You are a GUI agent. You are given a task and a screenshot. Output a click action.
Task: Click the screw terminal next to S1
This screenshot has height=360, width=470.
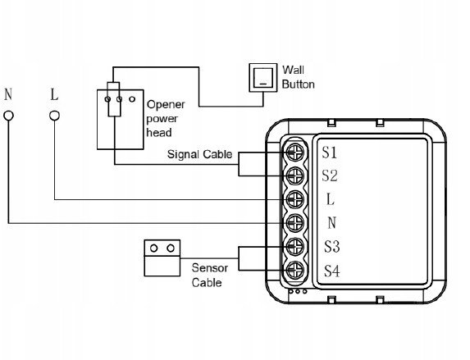295,153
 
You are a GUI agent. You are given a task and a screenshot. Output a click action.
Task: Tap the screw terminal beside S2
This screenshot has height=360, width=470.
295,176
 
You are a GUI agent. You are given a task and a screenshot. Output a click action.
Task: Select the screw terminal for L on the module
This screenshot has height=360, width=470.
295,199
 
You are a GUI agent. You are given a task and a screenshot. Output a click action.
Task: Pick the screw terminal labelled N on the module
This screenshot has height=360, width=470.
295,223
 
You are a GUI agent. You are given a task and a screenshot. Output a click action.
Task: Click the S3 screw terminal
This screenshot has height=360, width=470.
295,246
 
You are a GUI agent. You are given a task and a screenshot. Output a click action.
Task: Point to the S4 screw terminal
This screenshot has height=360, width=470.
295,270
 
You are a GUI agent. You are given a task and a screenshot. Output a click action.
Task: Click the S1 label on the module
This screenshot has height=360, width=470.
330,153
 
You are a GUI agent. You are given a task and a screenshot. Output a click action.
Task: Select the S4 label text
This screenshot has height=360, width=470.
332,271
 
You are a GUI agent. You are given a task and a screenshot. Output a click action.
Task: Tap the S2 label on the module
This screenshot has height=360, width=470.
330,175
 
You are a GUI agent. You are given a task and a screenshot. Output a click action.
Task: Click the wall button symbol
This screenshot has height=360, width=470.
262,78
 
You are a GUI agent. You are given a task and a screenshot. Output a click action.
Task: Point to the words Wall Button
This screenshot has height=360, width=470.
298,77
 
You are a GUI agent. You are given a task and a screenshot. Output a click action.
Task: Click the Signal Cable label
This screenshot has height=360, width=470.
199,154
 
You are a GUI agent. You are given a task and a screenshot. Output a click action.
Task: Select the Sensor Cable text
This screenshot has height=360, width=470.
209,276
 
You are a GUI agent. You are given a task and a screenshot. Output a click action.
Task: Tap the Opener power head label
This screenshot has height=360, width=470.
166,118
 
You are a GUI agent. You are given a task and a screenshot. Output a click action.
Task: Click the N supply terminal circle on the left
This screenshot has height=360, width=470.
8,116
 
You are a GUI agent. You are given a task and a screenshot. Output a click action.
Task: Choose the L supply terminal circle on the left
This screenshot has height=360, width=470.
54,116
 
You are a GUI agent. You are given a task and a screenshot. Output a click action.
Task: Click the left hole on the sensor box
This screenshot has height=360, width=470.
153,248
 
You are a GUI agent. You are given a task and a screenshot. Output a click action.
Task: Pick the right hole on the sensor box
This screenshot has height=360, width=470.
171,248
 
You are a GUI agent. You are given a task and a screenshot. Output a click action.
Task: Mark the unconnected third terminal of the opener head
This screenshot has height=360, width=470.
132,99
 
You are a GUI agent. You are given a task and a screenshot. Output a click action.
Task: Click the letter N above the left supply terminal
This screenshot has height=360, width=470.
8,94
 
